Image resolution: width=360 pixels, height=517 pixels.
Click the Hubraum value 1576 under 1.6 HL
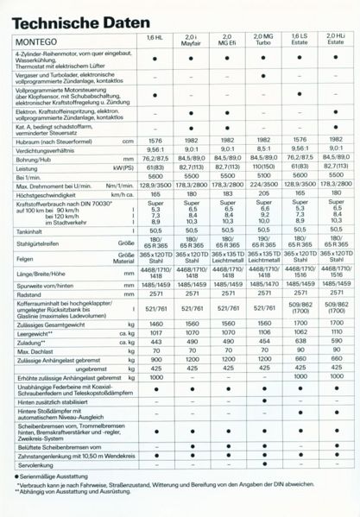(155, 140)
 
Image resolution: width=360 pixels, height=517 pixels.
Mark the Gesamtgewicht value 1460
(155, 322)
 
